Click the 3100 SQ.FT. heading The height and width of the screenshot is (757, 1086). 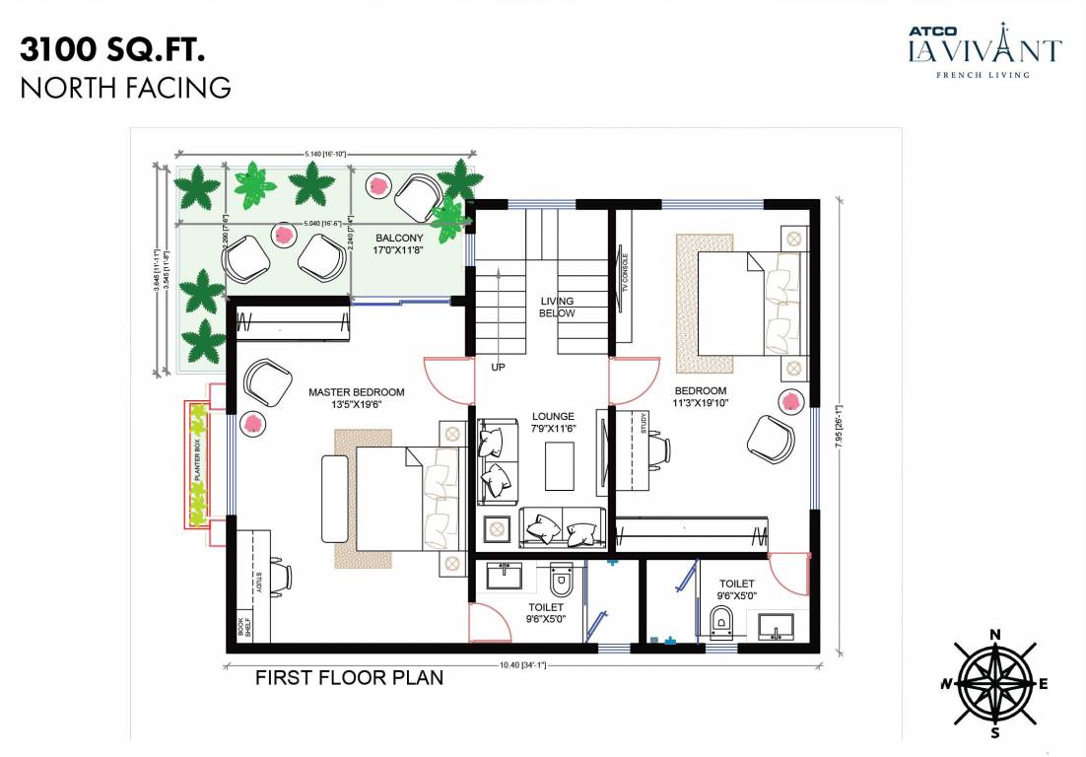click(113, 49)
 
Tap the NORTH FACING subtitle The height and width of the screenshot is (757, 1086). click(125, 88)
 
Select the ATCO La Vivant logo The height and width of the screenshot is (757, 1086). click(984, 49)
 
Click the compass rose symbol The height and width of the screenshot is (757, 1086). click(995, 683)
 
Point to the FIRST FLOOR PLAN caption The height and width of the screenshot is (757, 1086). click(349, 678)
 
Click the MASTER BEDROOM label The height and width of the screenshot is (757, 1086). click(357, 398)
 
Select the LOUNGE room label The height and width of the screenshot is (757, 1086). click(553, 423)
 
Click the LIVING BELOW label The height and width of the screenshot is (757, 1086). click(557, 308)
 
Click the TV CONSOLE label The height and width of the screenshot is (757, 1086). click(625, 281)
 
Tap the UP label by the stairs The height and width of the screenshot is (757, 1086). click(498, 367)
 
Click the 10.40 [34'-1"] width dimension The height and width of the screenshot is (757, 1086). click(523, 665)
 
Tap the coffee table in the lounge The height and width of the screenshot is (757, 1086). click(561, 466)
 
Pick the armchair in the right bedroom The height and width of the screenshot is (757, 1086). click(772, 437)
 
